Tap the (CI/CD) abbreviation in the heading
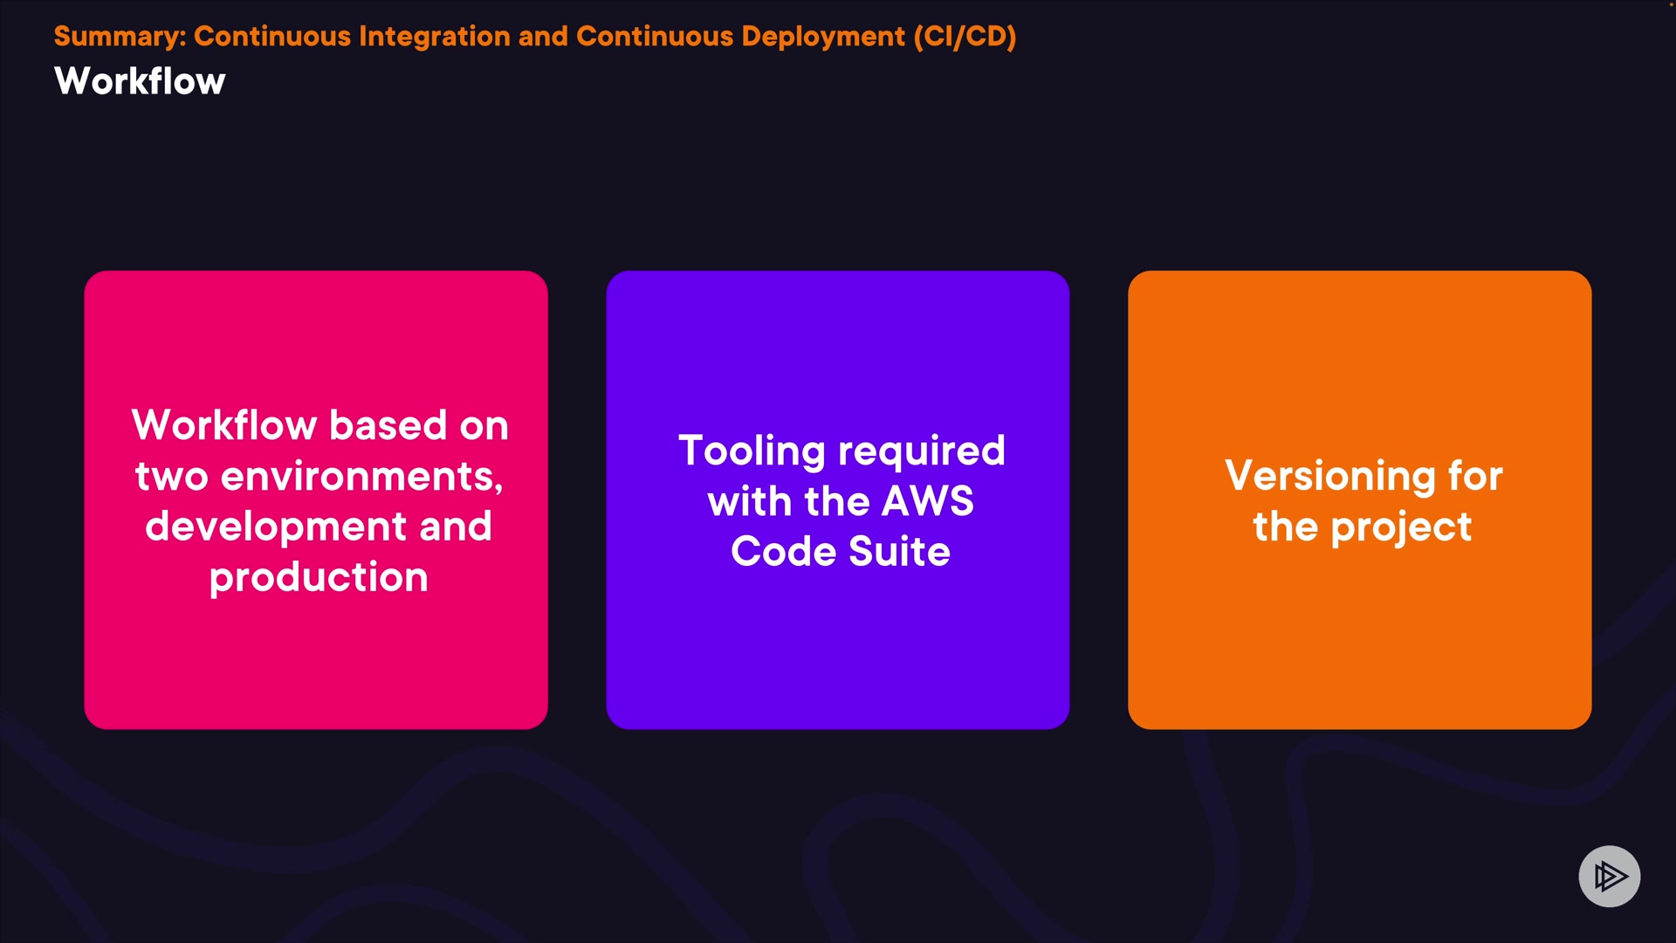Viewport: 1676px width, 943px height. (x=965, y=37)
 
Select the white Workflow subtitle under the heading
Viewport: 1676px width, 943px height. (x=140, y=81)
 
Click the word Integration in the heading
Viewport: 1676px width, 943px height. (x=435, y=37)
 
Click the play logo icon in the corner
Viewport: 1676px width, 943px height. (x=1610, y=876)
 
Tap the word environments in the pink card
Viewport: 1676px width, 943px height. (x=362, y=477)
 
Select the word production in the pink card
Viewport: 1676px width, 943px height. (x=319, y=578)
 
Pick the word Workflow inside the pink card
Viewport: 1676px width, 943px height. (x=224, y=425)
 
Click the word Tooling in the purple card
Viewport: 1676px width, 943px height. (x=752, y=451)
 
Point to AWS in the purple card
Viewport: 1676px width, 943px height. (x=928, y=501)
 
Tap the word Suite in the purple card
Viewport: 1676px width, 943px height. (x=899, y=552)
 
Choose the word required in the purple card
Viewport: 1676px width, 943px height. (x=922, y=451)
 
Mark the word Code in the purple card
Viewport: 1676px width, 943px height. (x=784, y=552)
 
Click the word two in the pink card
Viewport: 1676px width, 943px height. (x=171, y=477)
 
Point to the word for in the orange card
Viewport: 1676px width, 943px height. (x=1475, y=476)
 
